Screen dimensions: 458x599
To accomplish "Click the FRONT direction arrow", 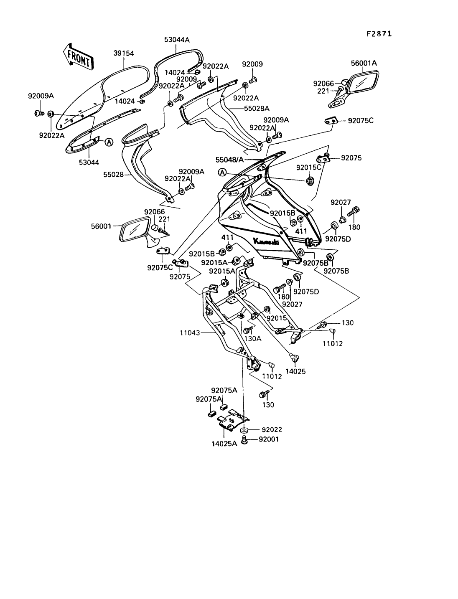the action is pyautogui.click(x=78, y=58).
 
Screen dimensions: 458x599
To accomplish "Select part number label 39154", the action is pyautogui.click(x=124, y=53).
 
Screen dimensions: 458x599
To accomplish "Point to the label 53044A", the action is pyautogui.click(x=177, y=40).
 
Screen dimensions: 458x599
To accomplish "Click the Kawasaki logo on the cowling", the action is pyautogui.click(x=266, y=241).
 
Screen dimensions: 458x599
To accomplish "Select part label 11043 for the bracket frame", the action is pyautogui.click(x=190, y=332).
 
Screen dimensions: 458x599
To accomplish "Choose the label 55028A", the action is pyautogui.click(x=257, y=109).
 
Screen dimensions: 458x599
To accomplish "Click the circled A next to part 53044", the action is pyautogui.click(x=109, y=142).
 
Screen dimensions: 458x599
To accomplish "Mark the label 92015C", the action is pyautogui.click(x=309, y=167).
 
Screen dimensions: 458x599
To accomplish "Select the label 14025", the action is pyautogui.click(x=295, y=371).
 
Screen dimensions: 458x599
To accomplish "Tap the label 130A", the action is pyautogui.click(x=253, y=339).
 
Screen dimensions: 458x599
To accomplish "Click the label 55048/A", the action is pyautogui.click(x=229, y=160).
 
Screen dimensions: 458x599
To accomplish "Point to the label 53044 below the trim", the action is pyautogui.click(x=89, y=162).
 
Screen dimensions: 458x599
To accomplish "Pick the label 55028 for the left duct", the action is pyautogui.click(x=114, y=175).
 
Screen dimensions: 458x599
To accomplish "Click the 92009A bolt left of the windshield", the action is pyautogui.click(x=40, y=113).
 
